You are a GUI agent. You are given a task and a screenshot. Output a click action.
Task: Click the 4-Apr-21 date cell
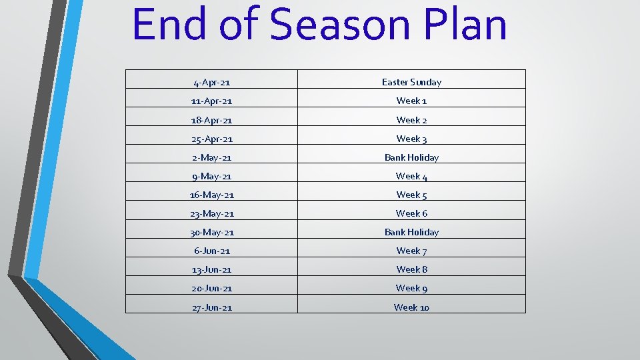(x=211, y=83)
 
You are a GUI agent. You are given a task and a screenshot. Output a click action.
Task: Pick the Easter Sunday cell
(x=411, y=82)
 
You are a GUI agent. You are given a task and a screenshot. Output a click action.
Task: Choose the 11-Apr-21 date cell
(x=211, y=101)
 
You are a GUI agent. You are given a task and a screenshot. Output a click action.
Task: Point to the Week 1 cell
(x=411, y=101)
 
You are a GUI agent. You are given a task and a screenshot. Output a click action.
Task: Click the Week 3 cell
(x=411, y=139)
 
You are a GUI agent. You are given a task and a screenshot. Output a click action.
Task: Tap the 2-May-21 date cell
(x=211, y=158)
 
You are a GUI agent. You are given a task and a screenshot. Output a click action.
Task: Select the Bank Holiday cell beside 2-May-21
(x=411, y=157)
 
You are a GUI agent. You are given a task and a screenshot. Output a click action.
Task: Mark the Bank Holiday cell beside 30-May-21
(x=411, y=232)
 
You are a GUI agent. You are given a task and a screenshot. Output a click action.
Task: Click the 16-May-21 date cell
(x=211, y=195)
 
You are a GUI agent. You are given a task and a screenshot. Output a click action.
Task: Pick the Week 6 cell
(x=411, y=213)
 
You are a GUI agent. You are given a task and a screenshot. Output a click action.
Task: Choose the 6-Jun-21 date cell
(x=211, y=251)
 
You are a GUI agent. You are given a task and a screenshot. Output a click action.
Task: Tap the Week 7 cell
(x=411, y=251)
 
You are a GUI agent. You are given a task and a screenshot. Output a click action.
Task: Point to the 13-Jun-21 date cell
(x=211, y=270)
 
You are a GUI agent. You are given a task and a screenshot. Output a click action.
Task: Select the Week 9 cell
(x=411, y=288)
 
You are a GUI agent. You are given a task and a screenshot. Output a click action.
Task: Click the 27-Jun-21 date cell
(x=211, y=307)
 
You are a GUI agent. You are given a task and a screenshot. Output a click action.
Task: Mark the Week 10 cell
(x=411, y=307)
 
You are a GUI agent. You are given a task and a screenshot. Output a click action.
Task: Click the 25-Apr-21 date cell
(x=211, y=139)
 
